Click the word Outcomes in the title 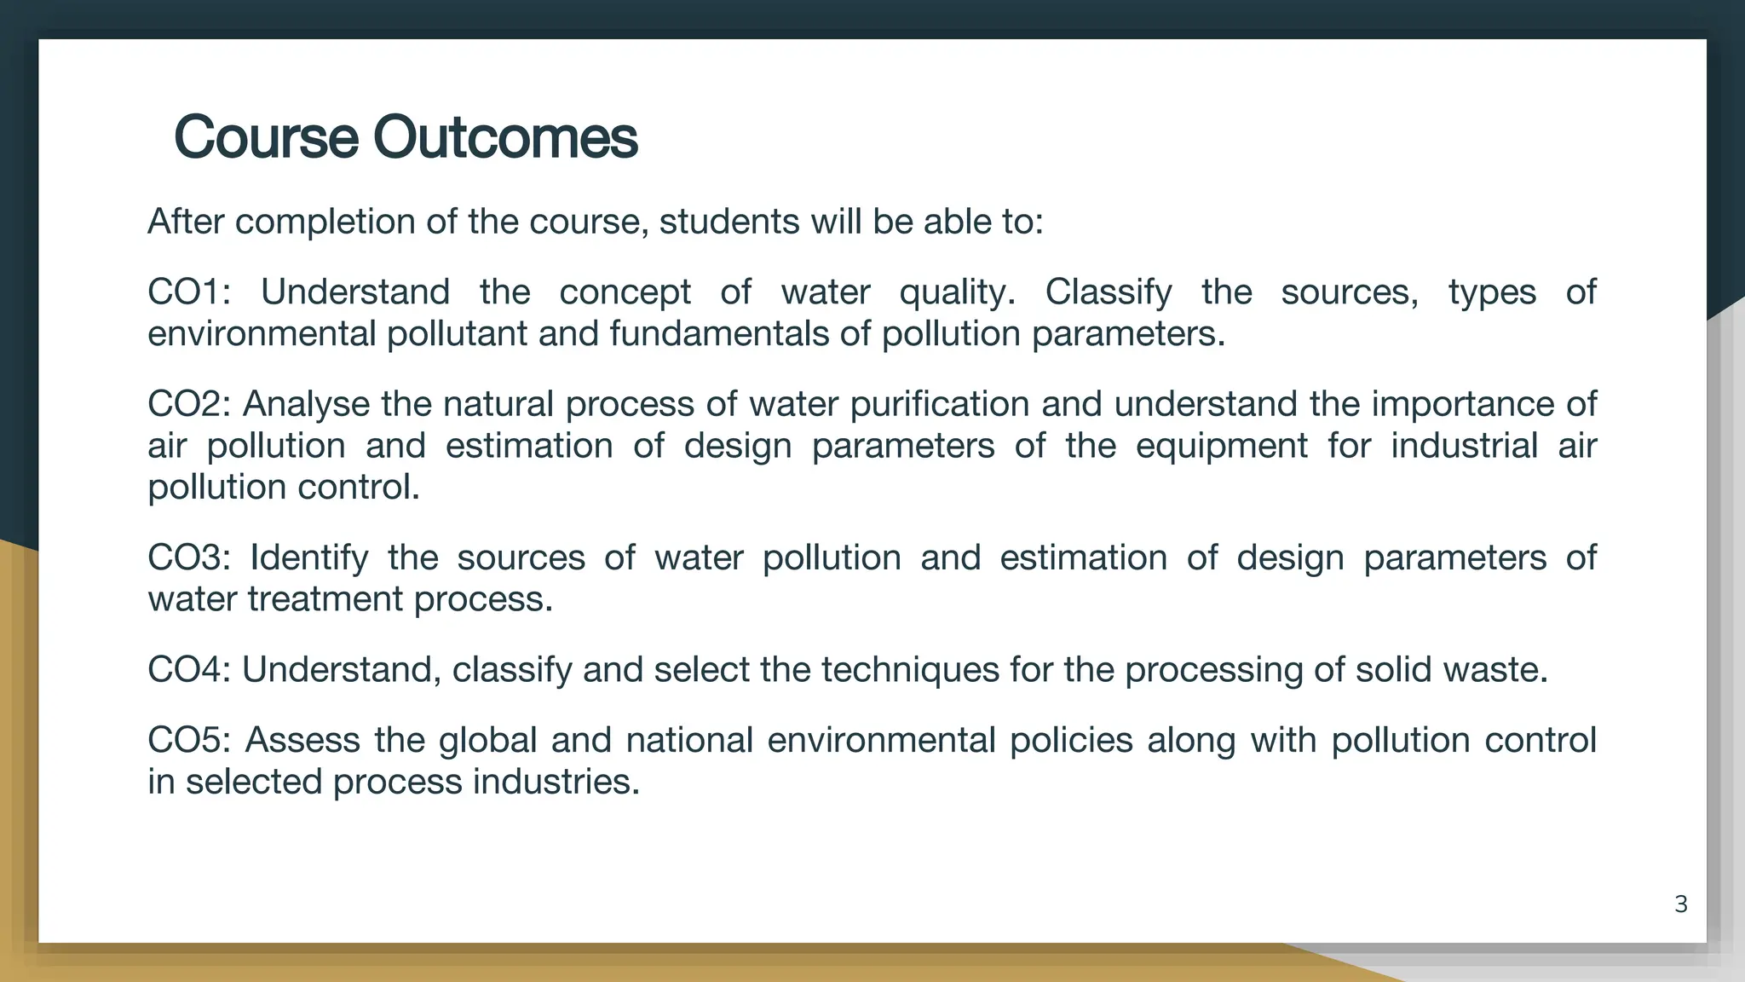(505, 137)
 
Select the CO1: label (189, 292)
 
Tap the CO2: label (189, 404)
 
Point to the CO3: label (189, 558)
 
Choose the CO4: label (189, 670)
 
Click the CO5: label (189, 740)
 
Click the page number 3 (1680, 904)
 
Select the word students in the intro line (729, 222)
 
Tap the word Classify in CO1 (1109, 292)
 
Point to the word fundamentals (719, 334)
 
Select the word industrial (1464, 446)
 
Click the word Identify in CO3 (308, 558)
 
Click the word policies (1071, 740)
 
